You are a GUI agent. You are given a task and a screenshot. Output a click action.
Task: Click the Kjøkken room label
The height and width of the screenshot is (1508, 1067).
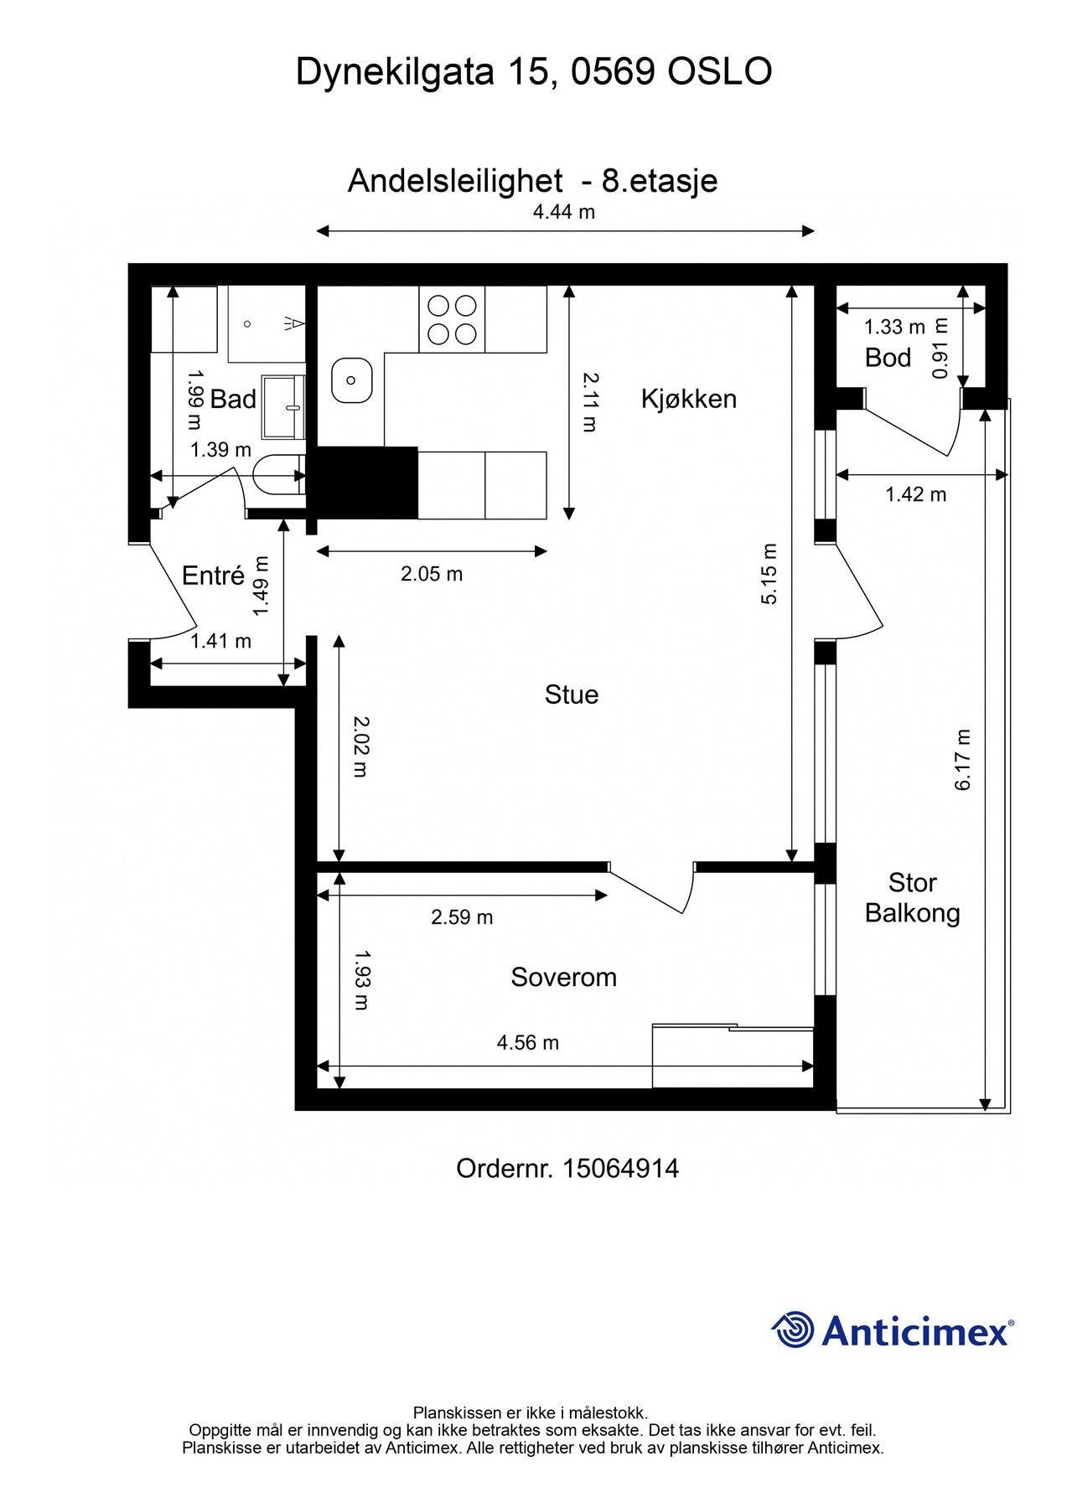688,399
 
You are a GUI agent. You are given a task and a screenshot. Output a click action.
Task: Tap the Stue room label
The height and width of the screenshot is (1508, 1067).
572,695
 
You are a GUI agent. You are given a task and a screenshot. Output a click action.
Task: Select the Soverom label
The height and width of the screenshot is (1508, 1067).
563,977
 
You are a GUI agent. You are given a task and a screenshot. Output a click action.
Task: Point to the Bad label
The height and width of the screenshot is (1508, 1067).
233,399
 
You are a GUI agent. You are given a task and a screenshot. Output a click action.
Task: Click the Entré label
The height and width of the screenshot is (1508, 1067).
213,575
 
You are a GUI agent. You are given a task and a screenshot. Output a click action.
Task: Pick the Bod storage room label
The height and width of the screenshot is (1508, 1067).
888,358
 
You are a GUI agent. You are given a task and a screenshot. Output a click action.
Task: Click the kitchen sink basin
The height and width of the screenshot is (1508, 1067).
351,380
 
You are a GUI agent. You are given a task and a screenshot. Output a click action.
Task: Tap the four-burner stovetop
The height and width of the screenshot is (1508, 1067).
452,319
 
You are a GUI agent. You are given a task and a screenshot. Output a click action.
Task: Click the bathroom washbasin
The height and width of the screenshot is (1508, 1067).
283,407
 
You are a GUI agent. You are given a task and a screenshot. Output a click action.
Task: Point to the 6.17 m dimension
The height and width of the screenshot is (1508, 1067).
962,760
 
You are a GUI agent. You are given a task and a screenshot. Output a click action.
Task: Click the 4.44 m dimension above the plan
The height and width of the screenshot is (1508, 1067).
564,212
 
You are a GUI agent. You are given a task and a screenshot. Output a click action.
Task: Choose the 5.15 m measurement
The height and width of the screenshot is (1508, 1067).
769,574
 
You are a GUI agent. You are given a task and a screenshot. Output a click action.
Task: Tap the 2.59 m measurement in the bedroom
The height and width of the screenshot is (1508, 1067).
462,917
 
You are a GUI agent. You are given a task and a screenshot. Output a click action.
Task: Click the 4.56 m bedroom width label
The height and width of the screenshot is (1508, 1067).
528,1042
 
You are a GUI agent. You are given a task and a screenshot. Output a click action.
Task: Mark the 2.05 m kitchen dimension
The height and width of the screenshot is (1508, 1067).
432,574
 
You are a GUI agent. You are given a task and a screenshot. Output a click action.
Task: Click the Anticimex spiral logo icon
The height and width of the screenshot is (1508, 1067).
793,1330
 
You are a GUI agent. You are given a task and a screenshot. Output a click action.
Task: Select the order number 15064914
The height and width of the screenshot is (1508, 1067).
620,1168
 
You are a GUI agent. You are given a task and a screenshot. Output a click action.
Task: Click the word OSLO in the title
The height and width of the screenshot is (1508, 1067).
719,72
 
